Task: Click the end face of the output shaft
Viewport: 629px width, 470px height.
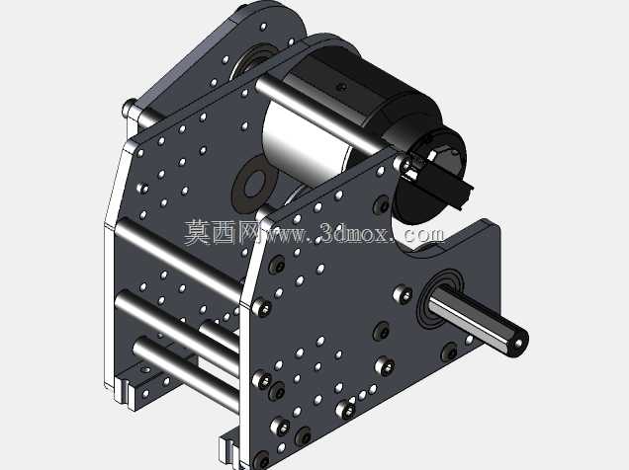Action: (x=518, y=342)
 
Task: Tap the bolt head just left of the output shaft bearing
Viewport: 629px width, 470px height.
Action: (x=403, y=294)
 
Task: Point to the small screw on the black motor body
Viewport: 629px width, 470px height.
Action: (x=341, y=86)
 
